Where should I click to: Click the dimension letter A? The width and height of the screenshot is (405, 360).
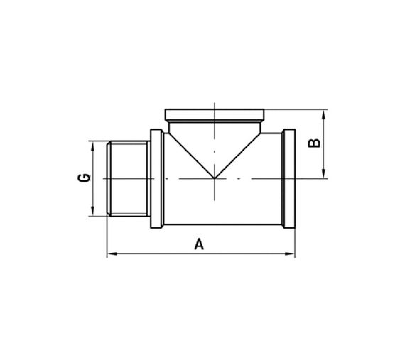200,244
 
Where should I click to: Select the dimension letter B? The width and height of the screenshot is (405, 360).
314,143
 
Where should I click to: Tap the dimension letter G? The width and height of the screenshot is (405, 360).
83,178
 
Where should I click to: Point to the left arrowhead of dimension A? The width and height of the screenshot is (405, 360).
110,253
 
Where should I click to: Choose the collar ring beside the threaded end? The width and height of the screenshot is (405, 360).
156,180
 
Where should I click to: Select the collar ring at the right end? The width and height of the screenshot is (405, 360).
288,180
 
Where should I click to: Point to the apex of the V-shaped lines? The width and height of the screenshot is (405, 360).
214,178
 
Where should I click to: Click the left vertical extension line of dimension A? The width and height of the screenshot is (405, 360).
107,238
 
